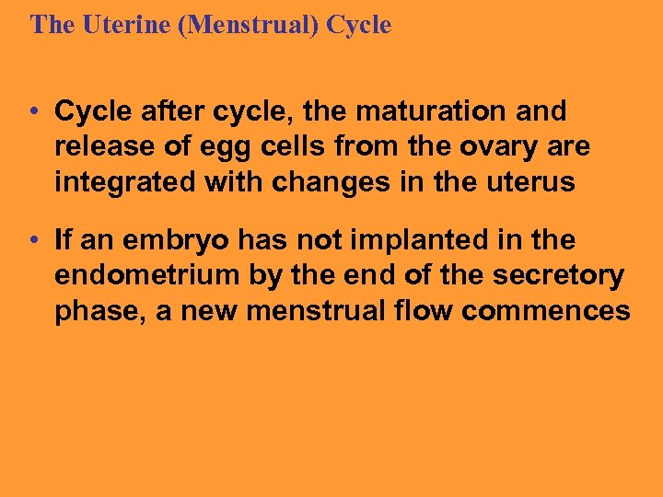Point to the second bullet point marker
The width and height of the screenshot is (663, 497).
coord(32,241)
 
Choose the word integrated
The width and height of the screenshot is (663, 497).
coord(125,183)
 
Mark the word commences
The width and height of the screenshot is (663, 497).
coord(546,312)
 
